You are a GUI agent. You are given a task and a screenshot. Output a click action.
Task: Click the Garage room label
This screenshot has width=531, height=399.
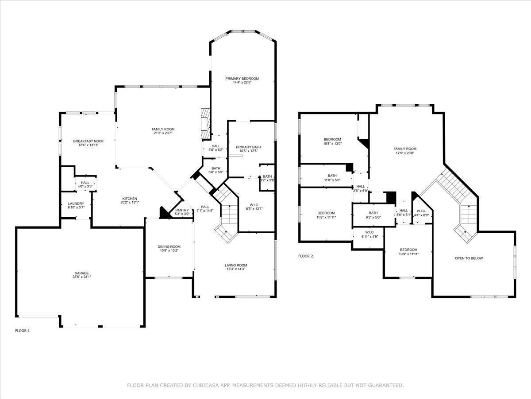coord(81,273)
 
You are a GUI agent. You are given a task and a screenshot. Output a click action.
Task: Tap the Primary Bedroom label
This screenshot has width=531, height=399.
coord(242,78)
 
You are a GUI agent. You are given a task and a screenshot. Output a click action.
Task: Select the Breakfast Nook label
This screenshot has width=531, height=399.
coord(88,141)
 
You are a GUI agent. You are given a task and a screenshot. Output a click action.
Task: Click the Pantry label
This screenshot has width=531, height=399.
coord(182,210)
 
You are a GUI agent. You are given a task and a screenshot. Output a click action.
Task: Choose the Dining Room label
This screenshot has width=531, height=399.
coord(169,247)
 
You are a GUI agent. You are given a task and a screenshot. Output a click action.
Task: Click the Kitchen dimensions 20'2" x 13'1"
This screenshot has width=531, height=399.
coord(130,202)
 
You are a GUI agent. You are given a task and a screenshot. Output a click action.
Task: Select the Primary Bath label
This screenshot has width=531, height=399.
coord(248,147)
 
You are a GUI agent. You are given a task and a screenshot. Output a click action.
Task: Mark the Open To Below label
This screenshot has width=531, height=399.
coord(469,258)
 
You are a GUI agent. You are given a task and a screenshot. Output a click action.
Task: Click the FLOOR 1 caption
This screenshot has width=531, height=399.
coord(23,331)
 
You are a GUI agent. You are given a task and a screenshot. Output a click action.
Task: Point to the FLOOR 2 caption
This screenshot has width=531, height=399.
coord(305,256)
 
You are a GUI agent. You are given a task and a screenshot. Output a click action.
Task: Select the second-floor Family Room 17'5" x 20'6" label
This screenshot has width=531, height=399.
coord(405,149)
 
